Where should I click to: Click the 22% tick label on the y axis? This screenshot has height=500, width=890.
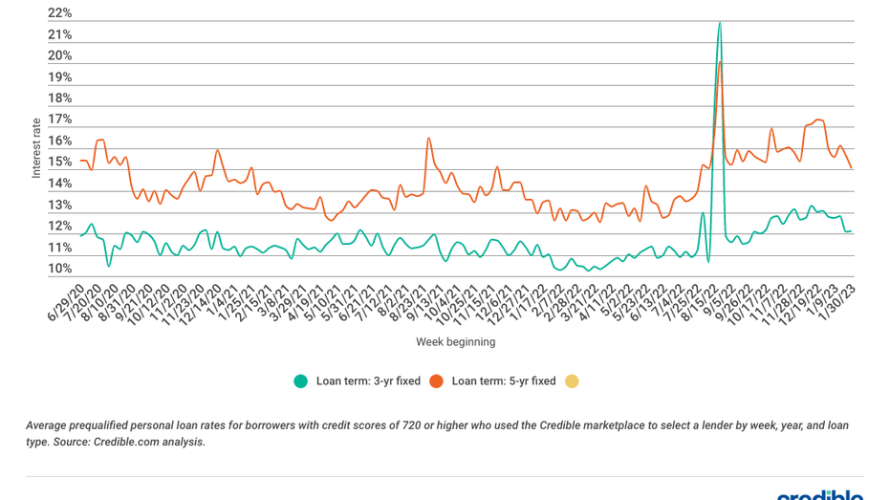click(x=59, y=13)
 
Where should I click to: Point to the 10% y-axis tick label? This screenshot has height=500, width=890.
click(x=59, y=269)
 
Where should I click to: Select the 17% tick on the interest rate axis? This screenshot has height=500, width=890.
click(x=59, y=120)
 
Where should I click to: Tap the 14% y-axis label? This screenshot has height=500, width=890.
click(x=59, y=184)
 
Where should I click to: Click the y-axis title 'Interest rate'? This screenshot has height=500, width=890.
click(x=36, y=148)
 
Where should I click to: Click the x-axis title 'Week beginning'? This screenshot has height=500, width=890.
click(x=455, y=341)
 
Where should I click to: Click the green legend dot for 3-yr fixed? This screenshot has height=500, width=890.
click(x=301, y=380)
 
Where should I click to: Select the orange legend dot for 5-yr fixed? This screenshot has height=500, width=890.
click(x=436, y=380)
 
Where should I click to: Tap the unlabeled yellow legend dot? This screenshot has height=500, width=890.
click(x=572, y=380)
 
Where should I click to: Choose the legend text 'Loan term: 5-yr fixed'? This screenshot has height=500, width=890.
click(x=503, y=380)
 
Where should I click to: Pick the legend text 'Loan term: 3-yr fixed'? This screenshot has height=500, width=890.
click(x=368, y=380)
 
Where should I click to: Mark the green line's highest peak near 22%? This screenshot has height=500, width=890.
click(x=719, y=22)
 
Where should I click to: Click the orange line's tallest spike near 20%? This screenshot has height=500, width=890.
click(x=720, y=62)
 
